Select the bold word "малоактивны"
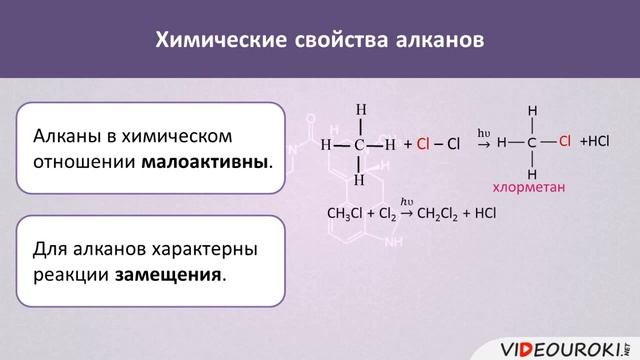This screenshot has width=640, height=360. tap(206, 160)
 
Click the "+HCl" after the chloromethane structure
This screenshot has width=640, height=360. tap(594, 141)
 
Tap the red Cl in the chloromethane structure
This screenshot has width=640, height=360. tap(564, 141)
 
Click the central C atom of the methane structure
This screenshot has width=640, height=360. tap(359, 144)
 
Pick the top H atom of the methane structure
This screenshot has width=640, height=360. tap(361, 109)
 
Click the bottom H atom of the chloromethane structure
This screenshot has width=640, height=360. tap(533, 173)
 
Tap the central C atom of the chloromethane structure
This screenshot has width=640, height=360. tap(533, 142)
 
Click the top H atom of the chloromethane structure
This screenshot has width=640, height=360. tap(533, 110)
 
